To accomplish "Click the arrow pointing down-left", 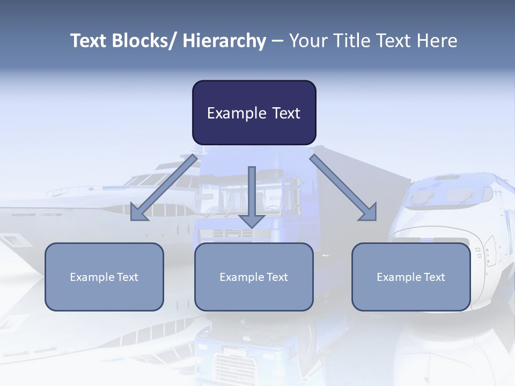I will (x=164, y=188).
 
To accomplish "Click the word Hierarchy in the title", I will (x=224, y=41).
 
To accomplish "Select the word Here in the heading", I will (x=437, y=41).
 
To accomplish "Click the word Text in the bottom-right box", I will (x=434, y=277).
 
